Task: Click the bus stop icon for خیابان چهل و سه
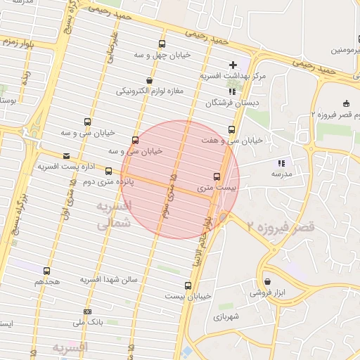(x=162, y=44)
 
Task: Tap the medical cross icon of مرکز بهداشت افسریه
(x=233, y=65)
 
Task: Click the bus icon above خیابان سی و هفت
(x=231, y=129)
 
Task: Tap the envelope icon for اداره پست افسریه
(x=66, y=155)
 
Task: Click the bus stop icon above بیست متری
(x=217, y=177)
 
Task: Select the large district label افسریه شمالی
(x=112, y=214)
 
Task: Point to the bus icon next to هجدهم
(x=46, y=271)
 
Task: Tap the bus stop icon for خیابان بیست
(x=188, y=285)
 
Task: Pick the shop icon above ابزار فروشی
(x=268, y=281)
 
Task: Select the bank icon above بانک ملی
(x=87, y=311)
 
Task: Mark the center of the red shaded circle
(x=180, y=179)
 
